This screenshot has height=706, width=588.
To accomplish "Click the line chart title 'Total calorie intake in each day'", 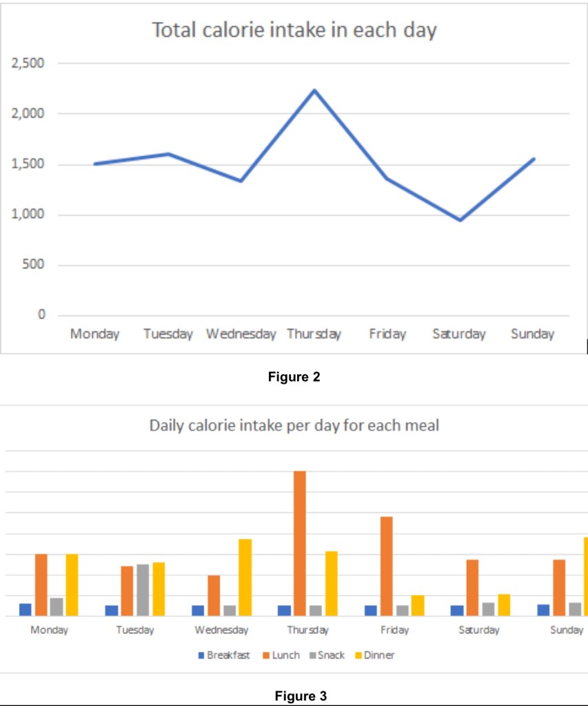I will (294, 31).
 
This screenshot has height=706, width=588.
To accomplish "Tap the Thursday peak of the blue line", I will (314, 90).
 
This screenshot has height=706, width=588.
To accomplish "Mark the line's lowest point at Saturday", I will (460, 220).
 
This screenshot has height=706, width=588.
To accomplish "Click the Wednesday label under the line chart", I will (241, 335).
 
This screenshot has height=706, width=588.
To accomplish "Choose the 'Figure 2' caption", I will (294, 377).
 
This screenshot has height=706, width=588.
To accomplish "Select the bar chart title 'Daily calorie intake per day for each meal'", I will (294, 425).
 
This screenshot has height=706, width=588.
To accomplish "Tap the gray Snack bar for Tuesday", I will (143, 590).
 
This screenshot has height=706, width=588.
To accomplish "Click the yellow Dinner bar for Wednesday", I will (245, 577).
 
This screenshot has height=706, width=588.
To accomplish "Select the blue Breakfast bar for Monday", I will (26, 609).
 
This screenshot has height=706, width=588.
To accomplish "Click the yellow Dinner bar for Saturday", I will (504, 605).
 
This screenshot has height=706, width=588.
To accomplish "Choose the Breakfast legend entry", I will (224, 655).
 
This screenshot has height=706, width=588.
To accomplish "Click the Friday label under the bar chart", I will (394, 630).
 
